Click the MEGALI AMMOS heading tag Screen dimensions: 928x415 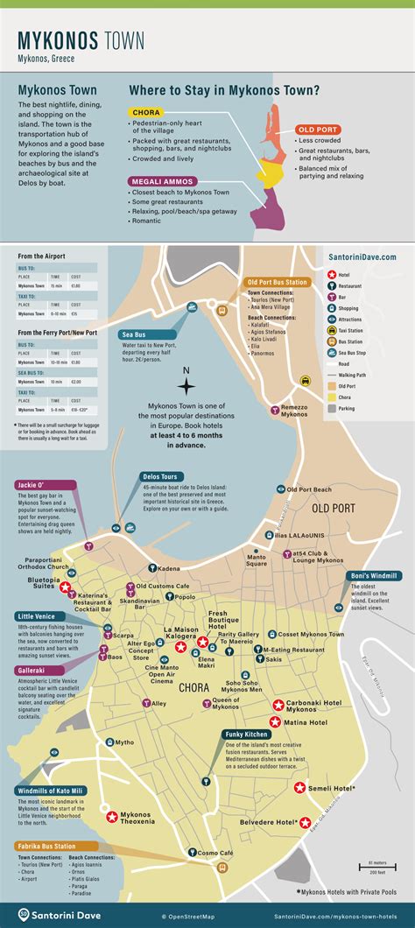point(160,182)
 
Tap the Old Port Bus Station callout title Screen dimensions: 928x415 point(277,282)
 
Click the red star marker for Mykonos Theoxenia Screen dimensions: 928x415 point(112,816)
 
